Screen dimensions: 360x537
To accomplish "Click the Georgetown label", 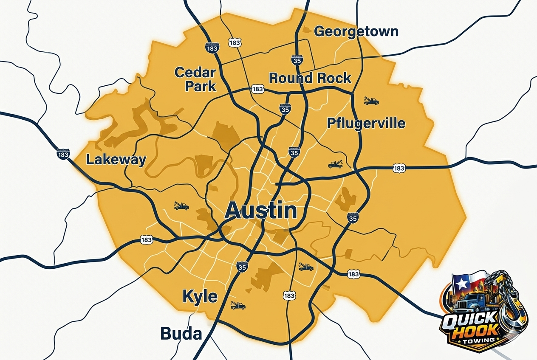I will coord(356,31).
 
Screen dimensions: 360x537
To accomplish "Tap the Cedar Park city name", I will coord(195,79).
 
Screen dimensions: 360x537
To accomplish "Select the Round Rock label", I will coord(310,78).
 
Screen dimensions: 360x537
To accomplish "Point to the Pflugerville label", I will coord(366,124).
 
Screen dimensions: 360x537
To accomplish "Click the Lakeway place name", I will coord(116,160).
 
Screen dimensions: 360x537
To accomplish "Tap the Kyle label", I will coord(200,296).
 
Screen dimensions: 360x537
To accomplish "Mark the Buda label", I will coord(181,334).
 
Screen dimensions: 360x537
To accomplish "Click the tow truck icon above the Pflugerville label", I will coord(371,101).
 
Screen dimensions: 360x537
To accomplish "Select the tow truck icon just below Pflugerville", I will coord(335,164).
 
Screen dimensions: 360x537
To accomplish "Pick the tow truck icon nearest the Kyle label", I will coord(238,305).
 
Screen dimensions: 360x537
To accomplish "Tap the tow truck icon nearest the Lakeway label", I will coord(181,206).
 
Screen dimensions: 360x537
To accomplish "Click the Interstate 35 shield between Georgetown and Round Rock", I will coord(297,59).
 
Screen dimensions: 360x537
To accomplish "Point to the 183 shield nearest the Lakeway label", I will coord(63,154).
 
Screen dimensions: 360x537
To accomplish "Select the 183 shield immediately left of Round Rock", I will coord(257,89).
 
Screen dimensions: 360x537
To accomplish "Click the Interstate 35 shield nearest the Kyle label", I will coord(242,267).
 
